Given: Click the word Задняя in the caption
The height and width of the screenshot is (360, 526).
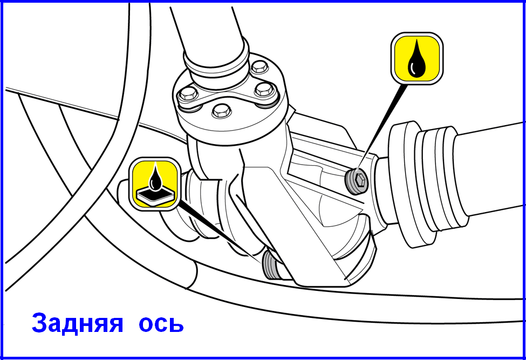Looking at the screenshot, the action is click(x=78, y=323).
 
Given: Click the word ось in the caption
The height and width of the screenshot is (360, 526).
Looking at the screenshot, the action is click(x=161, y=323).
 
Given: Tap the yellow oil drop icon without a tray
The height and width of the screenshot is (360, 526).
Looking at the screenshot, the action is click(x=416, y=58).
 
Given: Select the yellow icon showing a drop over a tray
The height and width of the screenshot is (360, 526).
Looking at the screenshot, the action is click(x=155, y=184).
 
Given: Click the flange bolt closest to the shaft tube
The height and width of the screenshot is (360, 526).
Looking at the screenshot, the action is click(x=259, y=67).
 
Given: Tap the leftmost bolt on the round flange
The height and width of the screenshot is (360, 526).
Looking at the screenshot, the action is click(x=188, y=94).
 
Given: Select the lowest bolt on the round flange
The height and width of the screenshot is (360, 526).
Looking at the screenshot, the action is click(x=222, y=111).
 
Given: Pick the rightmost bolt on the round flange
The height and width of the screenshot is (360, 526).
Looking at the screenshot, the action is click(x=265, y=90).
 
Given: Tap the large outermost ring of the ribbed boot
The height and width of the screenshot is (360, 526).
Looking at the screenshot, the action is click(x=402, y=185).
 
